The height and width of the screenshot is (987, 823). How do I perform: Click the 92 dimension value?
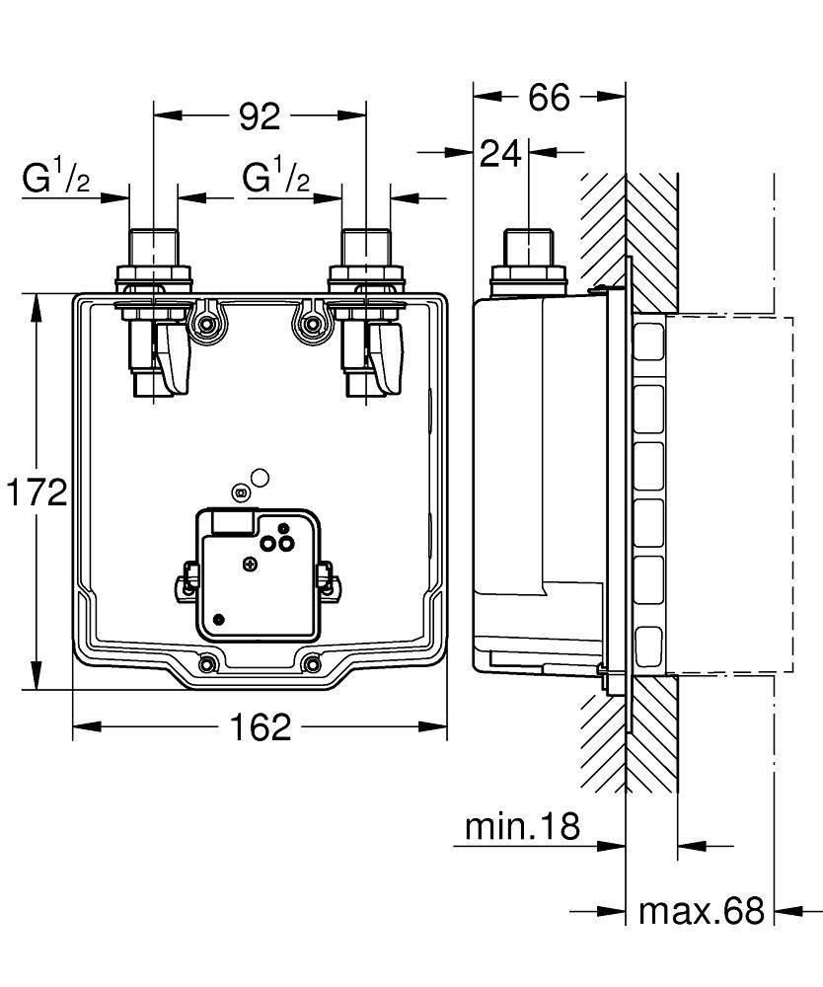(x=261, y=116)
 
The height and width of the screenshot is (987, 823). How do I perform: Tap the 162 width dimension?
(x=261, y=727)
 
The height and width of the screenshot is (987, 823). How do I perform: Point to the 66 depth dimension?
(x=549, y=97)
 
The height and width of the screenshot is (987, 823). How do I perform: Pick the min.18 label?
(x=522, y=827)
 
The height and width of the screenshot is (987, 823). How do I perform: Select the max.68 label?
(x=702, y=910)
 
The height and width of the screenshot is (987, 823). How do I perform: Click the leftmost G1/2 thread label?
(x=57, y=179)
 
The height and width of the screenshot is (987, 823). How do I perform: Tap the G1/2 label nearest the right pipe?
(x=277, y=179)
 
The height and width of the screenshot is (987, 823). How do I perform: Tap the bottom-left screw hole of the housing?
(x=208, y=663)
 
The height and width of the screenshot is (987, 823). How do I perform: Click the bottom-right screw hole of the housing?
(x=312, y=663)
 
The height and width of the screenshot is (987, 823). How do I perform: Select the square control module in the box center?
(x=259, y=571)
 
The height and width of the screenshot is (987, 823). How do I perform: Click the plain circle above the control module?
(x=260, y=479)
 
